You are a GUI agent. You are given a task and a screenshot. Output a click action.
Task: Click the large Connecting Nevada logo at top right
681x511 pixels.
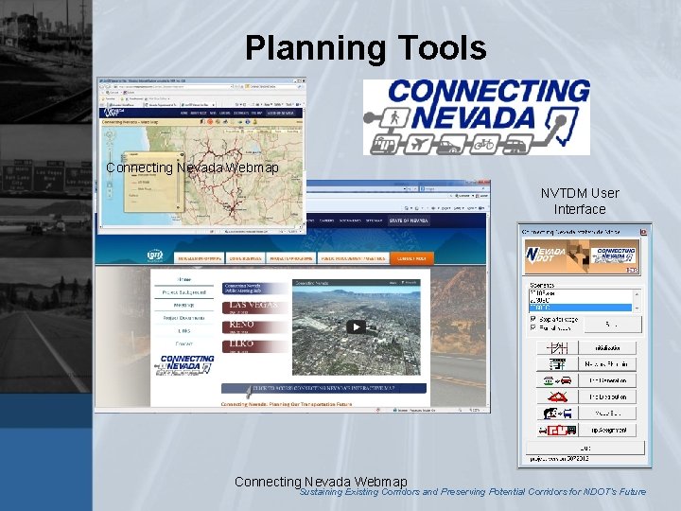pos(477,116)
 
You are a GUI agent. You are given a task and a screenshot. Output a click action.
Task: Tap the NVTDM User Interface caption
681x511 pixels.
pos(580,201)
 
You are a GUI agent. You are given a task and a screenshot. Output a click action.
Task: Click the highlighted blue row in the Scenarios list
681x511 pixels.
pos(579,308)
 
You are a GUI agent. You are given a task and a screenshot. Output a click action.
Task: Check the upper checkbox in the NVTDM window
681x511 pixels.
pos(533,320)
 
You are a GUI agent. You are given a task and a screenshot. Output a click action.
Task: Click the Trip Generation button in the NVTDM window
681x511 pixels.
pos(608,379)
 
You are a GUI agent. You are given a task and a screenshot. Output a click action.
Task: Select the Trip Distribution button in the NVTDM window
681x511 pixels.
pos(608,396)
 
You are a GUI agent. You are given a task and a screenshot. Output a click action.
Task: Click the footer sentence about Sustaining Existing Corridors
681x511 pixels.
pos(472,492)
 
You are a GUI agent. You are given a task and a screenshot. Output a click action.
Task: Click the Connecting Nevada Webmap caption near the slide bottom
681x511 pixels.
pos(321,482)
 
